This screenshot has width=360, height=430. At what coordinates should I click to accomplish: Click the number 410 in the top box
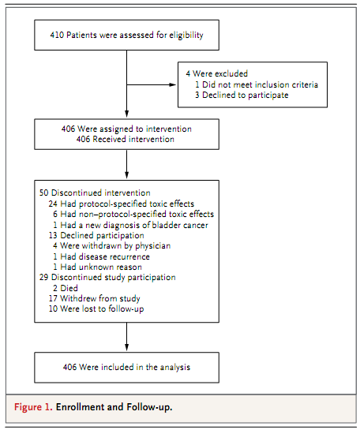pos(57,35)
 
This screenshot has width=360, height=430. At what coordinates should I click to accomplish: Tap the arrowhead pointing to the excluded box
pos(173,84)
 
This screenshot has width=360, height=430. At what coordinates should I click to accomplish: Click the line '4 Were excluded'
pos(217,73)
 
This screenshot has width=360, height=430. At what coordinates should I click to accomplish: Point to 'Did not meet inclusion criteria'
pos(260,84)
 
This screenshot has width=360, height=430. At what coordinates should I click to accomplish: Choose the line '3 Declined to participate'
pos(242,95)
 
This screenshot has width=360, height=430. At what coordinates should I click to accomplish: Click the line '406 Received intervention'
pos(125,140)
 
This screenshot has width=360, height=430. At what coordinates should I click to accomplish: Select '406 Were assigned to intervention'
pos(126,129)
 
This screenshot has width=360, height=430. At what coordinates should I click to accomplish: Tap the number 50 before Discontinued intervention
pos(43,193)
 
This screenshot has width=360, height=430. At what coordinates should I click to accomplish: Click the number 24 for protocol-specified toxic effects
pos(53,204)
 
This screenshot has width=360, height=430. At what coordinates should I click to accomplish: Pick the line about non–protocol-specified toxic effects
pos(133,214)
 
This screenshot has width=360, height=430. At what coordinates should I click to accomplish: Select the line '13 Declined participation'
pos(96,236)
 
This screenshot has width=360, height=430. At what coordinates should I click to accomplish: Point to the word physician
pos(153,246)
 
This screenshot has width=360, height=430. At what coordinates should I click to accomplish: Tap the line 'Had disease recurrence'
pos(105,256)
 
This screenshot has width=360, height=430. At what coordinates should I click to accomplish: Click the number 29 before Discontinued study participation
pos(43,277)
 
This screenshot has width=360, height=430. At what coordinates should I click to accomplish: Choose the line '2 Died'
pos(66,288)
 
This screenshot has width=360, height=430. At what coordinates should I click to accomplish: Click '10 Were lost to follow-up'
pos(96,308)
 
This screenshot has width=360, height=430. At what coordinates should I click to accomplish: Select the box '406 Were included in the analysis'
pos(127,368)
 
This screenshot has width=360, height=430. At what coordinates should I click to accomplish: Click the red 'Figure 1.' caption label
pos(33,407)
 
